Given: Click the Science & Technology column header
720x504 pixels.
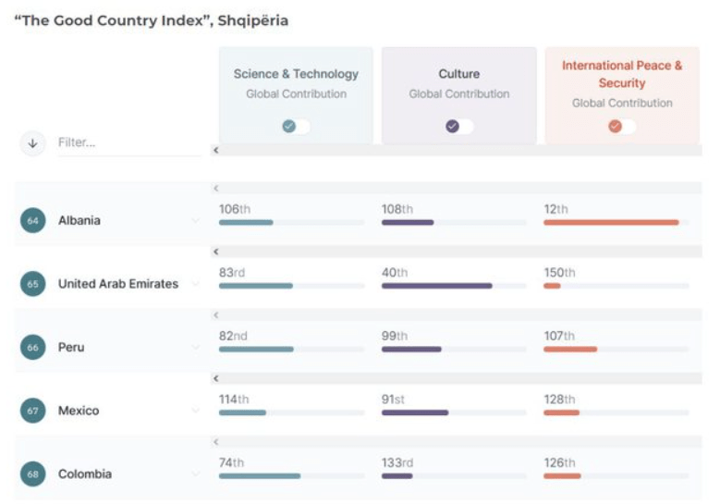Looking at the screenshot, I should click(x=296, y=74).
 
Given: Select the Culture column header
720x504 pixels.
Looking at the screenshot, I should click(x=459, y=74).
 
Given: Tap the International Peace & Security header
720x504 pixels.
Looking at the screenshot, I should click(x=622, y=74).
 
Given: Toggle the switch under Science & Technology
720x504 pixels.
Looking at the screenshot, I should click(x=296, y=127).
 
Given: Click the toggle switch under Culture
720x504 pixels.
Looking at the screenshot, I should click(x=459, y=127).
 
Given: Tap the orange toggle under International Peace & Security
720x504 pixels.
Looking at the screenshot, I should click(x=622, y=127).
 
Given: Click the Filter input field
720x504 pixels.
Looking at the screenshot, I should click(x=128, y=142).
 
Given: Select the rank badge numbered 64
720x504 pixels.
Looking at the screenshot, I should click(x=33, y=221).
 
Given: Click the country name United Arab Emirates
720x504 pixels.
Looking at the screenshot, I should click(x=118, y=284).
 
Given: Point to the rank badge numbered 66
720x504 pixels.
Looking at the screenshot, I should click(x=33, y=348).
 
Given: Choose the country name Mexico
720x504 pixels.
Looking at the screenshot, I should click(x=79, y=411).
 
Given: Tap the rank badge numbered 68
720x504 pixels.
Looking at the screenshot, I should click(x=33, y=474).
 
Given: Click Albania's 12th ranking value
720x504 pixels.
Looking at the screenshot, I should click(x=555, y=209).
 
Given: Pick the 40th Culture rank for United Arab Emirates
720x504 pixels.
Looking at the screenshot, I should click(x=395, y=273).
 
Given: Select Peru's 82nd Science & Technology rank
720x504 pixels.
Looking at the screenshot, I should click(x=233, y=336).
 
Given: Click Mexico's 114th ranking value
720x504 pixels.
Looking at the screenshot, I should click(x=234, y=400).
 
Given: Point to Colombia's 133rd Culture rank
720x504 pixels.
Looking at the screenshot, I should click(x=397, y=462).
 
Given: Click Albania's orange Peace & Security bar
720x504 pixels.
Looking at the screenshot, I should click(x=611, y=223).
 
